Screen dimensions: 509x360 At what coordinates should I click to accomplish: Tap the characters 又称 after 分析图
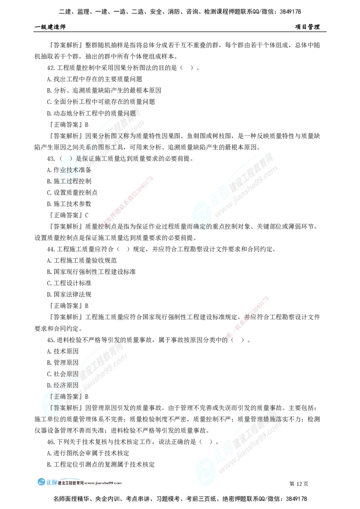pos(127,136)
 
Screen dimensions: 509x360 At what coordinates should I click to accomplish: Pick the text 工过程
pos(68,181)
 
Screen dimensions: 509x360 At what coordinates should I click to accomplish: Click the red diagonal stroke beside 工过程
pos(128,201)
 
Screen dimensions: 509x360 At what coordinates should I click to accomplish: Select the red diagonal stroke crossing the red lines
pos(248,317)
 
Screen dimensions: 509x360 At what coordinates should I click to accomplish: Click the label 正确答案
pos(65,397)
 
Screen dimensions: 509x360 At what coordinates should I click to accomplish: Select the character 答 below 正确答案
pos(58,408)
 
